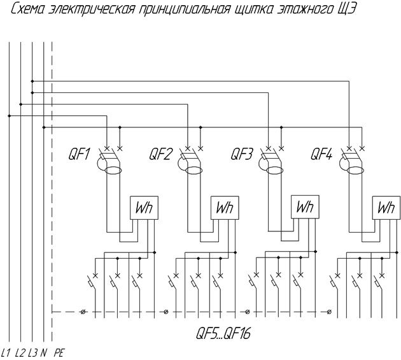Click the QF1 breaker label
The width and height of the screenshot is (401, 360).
(x=79, y=154)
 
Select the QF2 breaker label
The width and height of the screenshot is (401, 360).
(x=160, y=154)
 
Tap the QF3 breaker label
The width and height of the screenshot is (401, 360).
(x=241, y=154)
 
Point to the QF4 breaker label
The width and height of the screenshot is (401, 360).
(x=321, y=154)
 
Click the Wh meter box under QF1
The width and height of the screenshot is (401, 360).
(x=144, y=208)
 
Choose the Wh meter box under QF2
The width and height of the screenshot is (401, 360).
(x=225, y=208)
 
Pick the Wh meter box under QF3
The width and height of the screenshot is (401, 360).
(x=305, y=207)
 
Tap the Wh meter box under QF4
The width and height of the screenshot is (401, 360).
(x=386, y=208)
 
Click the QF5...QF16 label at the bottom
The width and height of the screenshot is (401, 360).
(x=223, y=334)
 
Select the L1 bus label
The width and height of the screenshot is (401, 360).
(x=6, y=353)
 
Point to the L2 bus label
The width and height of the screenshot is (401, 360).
(x=20, y=353)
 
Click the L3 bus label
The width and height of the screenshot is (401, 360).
(x=32, y=353)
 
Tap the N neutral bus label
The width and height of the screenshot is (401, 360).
(x=43, y=353)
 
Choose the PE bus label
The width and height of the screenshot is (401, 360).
(x=59, y=353)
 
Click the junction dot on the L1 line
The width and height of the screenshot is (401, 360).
(x=9, y=116)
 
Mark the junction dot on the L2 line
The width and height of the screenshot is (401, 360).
(x=21, y=104)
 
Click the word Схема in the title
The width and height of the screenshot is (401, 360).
(x=27, y=10)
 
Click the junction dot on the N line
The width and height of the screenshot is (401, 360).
(x=44, y=127)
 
